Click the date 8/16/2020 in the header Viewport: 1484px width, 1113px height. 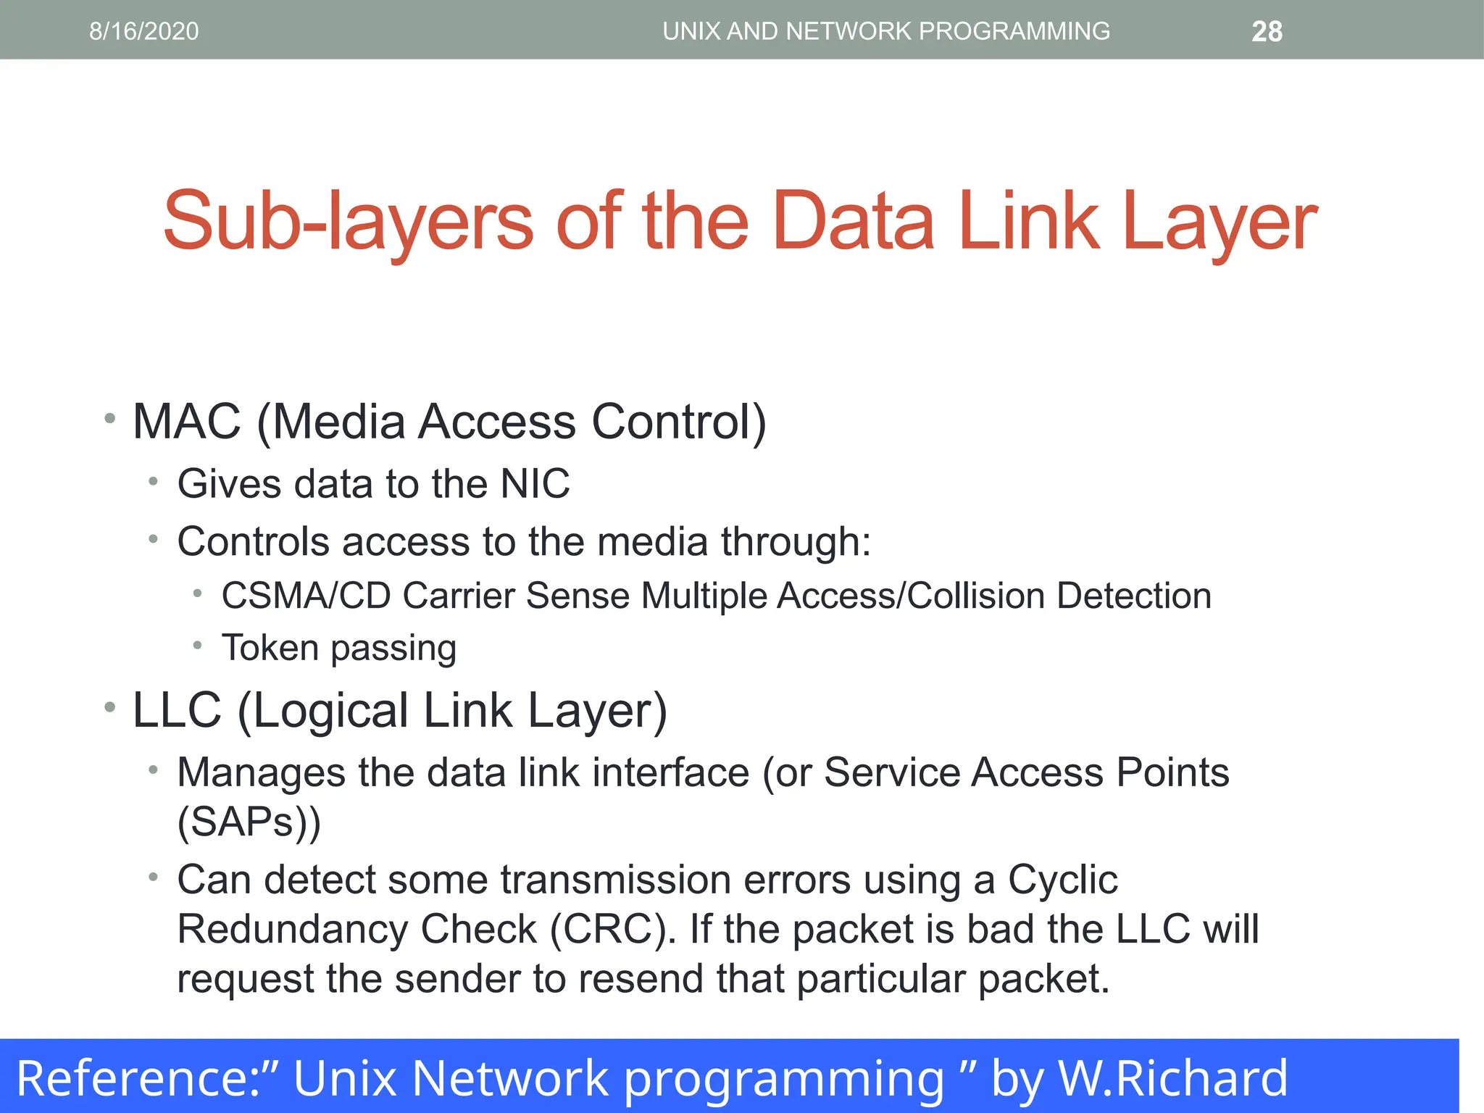tap(143, 31)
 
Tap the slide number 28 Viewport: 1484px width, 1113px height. tap(1267, 32)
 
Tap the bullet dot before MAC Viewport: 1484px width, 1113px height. tap(110, 418)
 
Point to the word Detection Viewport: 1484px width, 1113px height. tap(1133, 596)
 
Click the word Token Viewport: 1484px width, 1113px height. tap(270, 647)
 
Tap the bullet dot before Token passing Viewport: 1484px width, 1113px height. tap(197, 644)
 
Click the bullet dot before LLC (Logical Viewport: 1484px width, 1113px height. tap(110, 707)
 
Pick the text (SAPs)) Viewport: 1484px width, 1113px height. tap(249, 822)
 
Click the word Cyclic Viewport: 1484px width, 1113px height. tap(1062, 880)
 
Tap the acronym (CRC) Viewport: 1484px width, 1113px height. tap(612, 929)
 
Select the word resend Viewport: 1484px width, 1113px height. tap(641, 978)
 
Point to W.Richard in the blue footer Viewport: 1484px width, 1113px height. tap(1173, 1077)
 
